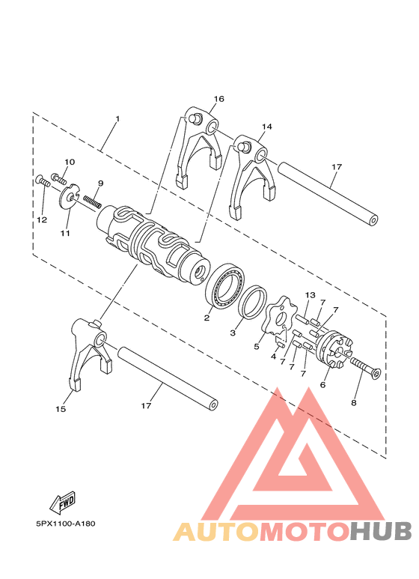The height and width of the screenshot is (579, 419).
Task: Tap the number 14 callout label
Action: pos(267,127)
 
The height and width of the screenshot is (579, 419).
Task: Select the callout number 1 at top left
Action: pos(117,120)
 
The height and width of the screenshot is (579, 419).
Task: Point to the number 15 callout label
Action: pos(60,409)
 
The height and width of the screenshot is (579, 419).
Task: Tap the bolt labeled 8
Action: pos(361,369)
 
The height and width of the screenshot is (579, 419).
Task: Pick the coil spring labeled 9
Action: pos(91,199)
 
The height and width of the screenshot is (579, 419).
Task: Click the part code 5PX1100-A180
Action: pos(64,524)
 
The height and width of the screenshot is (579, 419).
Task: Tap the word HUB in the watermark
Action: pos(379,531)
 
